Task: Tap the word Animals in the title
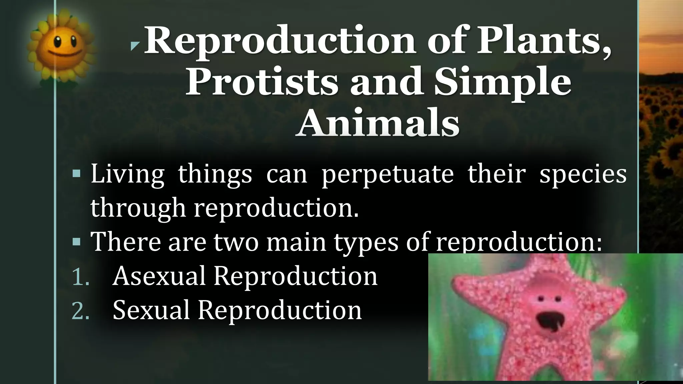378,124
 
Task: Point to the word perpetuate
388,174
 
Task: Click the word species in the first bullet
583,174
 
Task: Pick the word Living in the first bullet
127,174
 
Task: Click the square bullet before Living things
76,173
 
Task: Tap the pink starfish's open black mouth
548,322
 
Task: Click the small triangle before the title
134,46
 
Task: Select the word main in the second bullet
296,241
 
